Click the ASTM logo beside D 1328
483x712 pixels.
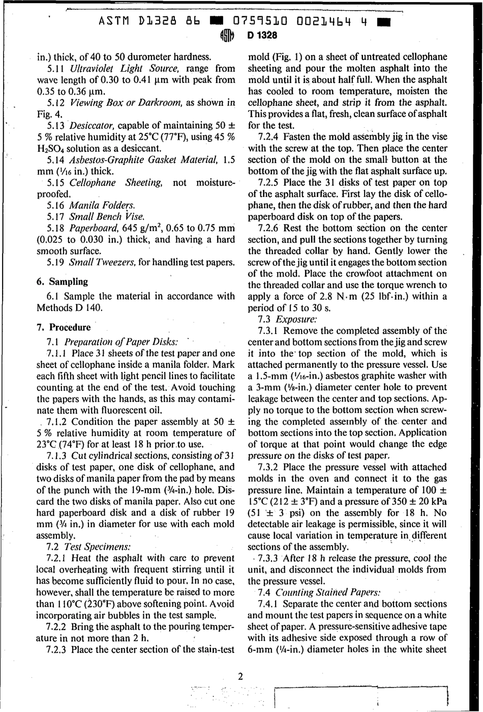[x=227, y=36]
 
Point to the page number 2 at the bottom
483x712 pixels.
[x=240, y=676]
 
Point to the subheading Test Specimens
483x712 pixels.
[x=98, y=547]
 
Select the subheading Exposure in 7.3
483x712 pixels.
[x=296, y=319]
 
